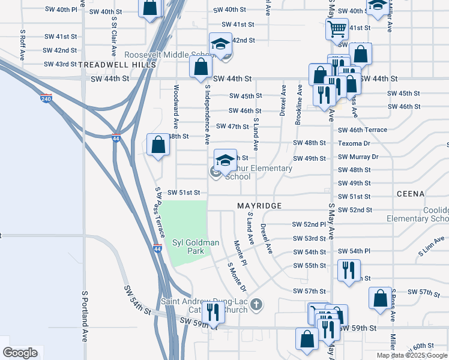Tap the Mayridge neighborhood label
[x=259, y=206]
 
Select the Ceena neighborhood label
[x=411, y=194]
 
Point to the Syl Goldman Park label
[x=188, y=247]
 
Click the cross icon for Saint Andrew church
[x=256, y=305]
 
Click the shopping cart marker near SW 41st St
[x=337, y=28]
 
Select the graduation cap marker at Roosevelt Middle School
[x=220, y=44]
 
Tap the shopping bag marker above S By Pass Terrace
[x=158, y=145]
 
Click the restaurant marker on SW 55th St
[x=347, y=269]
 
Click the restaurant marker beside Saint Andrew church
[x=212, y=311]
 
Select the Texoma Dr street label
[x=354, y=144]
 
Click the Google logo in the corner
[x=20, y=353]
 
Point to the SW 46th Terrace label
[x=362, y=130]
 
